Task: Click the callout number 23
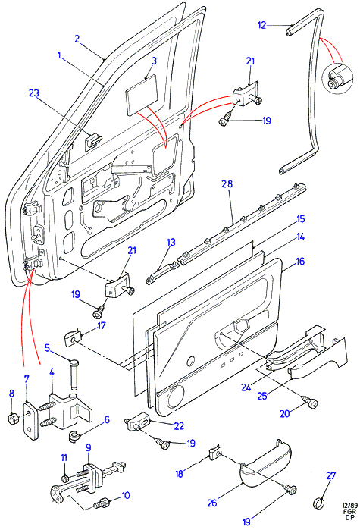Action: (x=34, y=93)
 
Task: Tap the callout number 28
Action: (x=227, y=184)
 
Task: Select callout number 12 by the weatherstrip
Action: (x=261, y=25)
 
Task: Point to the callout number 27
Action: (x=331, y=476)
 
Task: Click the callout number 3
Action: (x=154, y=61)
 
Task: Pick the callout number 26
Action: (x=212, y=503)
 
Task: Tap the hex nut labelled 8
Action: (x=13, y=420)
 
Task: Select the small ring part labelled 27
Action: (x=319, y=503)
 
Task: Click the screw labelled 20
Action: (x=310, y=403)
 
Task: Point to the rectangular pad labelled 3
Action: (x=142, y=93)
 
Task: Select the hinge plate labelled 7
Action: (x=31, y=421)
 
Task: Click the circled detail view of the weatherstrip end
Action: (x=337, y=78)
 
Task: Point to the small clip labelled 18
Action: (x=214, y=452)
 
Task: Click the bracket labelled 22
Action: (x=139, y=422)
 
